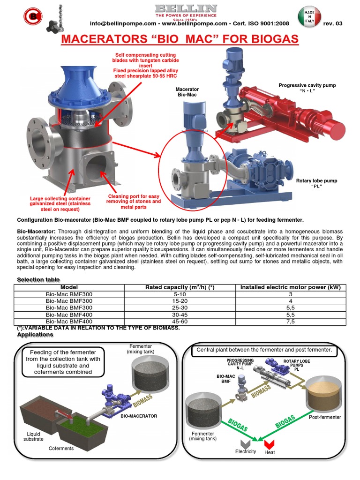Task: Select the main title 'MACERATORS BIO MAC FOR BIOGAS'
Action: pyautogui.click(x=180, y=39)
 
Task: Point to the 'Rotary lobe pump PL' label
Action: pyautogui.click(x=316, y=183)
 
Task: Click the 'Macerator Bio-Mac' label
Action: pyautogui.click(x=187, y=92)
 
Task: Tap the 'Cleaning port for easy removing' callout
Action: pyautogui.click(x=134, y=202)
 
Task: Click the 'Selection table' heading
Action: pyautogui.click(x=39, y=280)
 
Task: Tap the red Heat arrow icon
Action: pyautogui.click(x=269, y=443)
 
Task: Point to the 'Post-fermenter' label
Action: pyautogui.click(x=325, y=417)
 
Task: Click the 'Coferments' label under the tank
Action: pyautogui.click(x=61, y=449)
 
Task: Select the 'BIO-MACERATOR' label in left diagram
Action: pyautogui.click(x=139, y=416)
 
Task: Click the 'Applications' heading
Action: pyautogui.click(x=35, y=335)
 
